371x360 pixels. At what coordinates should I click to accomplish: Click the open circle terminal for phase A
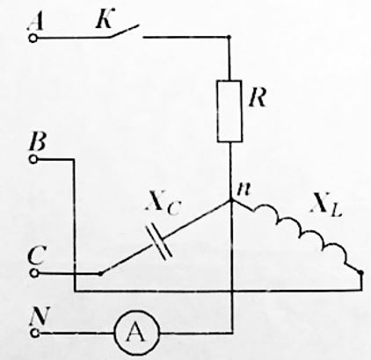[33, 39]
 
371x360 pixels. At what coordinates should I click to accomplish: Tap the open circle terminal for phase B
[33, 159]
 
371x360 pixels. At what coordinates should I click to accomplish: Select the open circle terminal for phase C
[34, 273]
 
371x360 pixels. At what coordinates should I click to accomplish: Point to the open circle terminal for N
[35, 333]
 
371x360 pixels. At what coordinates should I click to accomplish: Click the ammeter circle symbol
[137, 333]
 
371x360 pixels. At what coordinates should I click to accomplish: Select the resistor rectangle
[229, 111]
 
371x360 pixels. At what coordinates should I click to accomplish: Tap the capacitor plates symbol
[159, 241]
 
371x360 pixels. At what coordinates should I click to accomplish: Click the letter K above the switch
[105, 18]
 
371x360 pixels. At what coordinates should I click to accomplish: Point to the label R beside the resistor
[258, 97]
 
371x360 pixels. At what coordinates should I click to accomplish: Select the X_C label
[163, 204]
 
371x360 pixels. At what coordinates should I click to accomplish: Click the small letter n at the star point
[244, 190]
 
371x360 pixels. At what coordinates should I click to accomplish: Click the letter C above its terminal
[37, 255]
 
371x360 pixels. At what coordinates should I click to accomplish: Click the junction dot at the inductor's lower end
[361, 272]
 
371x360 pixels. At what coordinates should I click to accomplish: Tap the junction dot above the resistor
[229, 37]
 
